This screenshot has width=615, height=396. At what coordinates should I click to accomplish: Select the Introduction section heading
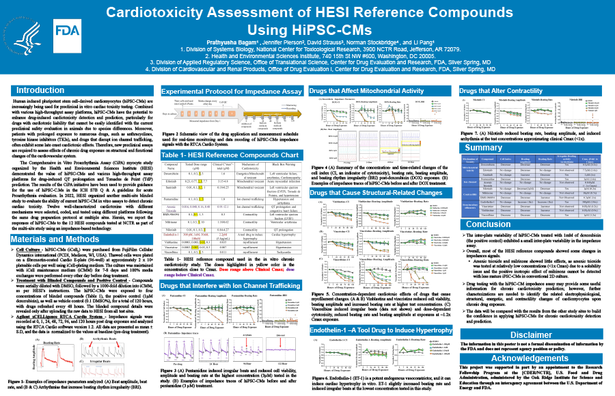(x=40, y=90)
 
